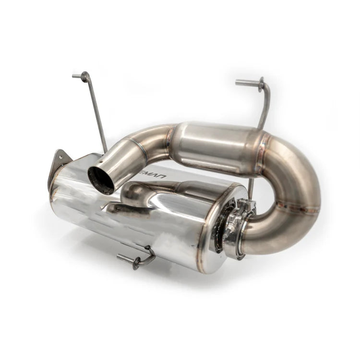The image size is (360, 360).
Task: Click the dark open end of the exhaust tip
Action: (x=100, y=180)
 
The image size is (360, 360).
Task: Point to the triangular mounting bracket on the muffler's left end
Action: (x=58, y=166)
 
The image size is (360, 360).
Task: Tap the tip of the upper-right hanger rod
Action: (x=238, y=83)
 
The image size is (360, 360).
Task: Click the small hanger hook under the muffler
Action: (x=139, y=260)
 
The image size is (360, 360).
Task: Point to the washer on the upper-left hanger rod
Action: (x=85, y=77)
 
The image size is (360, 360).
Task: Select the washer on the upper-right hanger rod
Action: (x=261, y=84)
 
